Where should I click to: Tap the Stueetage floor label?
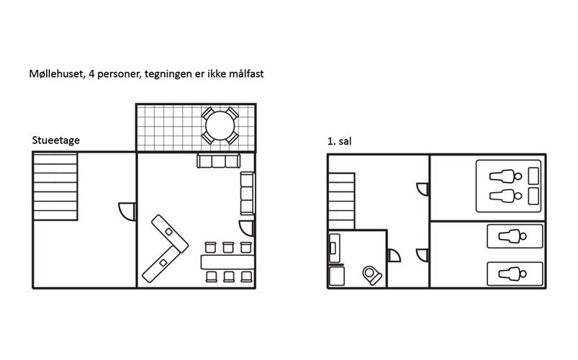coord(55,140)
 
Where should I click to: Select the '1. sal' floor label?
coord(339,141)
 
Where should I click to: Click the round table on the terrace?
coord(220,125)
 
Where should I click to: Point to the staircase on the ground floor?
coord(55,186)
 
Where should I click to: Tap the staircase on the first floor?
coord(342,201)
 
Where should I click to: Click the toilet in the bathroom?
coord(372,275)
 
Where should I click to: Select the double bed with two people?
coord(508,186)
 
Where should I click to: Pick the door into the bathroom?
coord(394,256)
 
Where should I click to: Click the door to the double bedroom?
coord(423,189)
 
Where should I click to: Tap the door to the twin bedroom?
coord(423,256)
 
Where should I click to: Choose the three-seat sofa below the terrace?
coord(219,161)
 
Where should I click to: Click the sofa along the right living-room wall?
coord(248,193)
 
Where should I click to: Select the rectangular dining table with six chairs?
coord(227,262)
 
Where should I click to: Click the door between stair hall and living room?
coord(127,212)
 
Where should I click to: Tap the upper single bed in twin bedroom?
coord(515,236)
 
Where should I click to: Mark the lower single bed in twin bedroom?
coord(515,274)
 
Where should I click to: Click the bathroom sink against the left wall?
coord(334,248)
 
